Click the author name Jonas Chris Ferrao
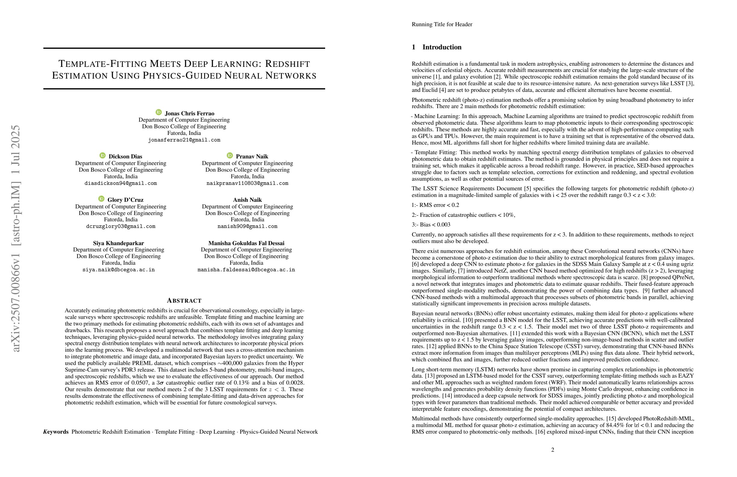(189, 113)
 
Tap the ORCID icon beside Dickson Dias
(102, 155)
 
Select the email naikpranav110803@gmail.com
(247, 183)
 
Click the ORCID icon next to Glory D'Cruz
(101, 199)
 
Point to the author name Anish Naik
(247, 200)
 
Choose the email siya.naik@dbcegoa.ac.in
(118, 270)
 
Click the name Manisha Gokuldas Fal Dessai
(246, 243)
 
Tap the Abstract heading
(184, 301)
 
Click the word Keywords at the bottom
(56, 432)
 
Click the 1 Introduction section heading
(436, 47)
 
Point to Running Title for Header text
(442, 24)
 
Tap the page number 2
(552, 450)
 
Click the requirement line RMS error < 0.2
(435, 205)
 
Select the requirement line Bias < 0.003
(431, 225)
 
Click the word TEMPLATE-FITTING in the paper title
(102, 64)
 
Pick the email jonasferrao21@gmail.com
(184, 140)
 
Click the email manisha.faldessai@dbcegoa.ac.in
(246, 270)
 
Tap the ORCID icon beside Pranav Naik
(230, 155)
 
